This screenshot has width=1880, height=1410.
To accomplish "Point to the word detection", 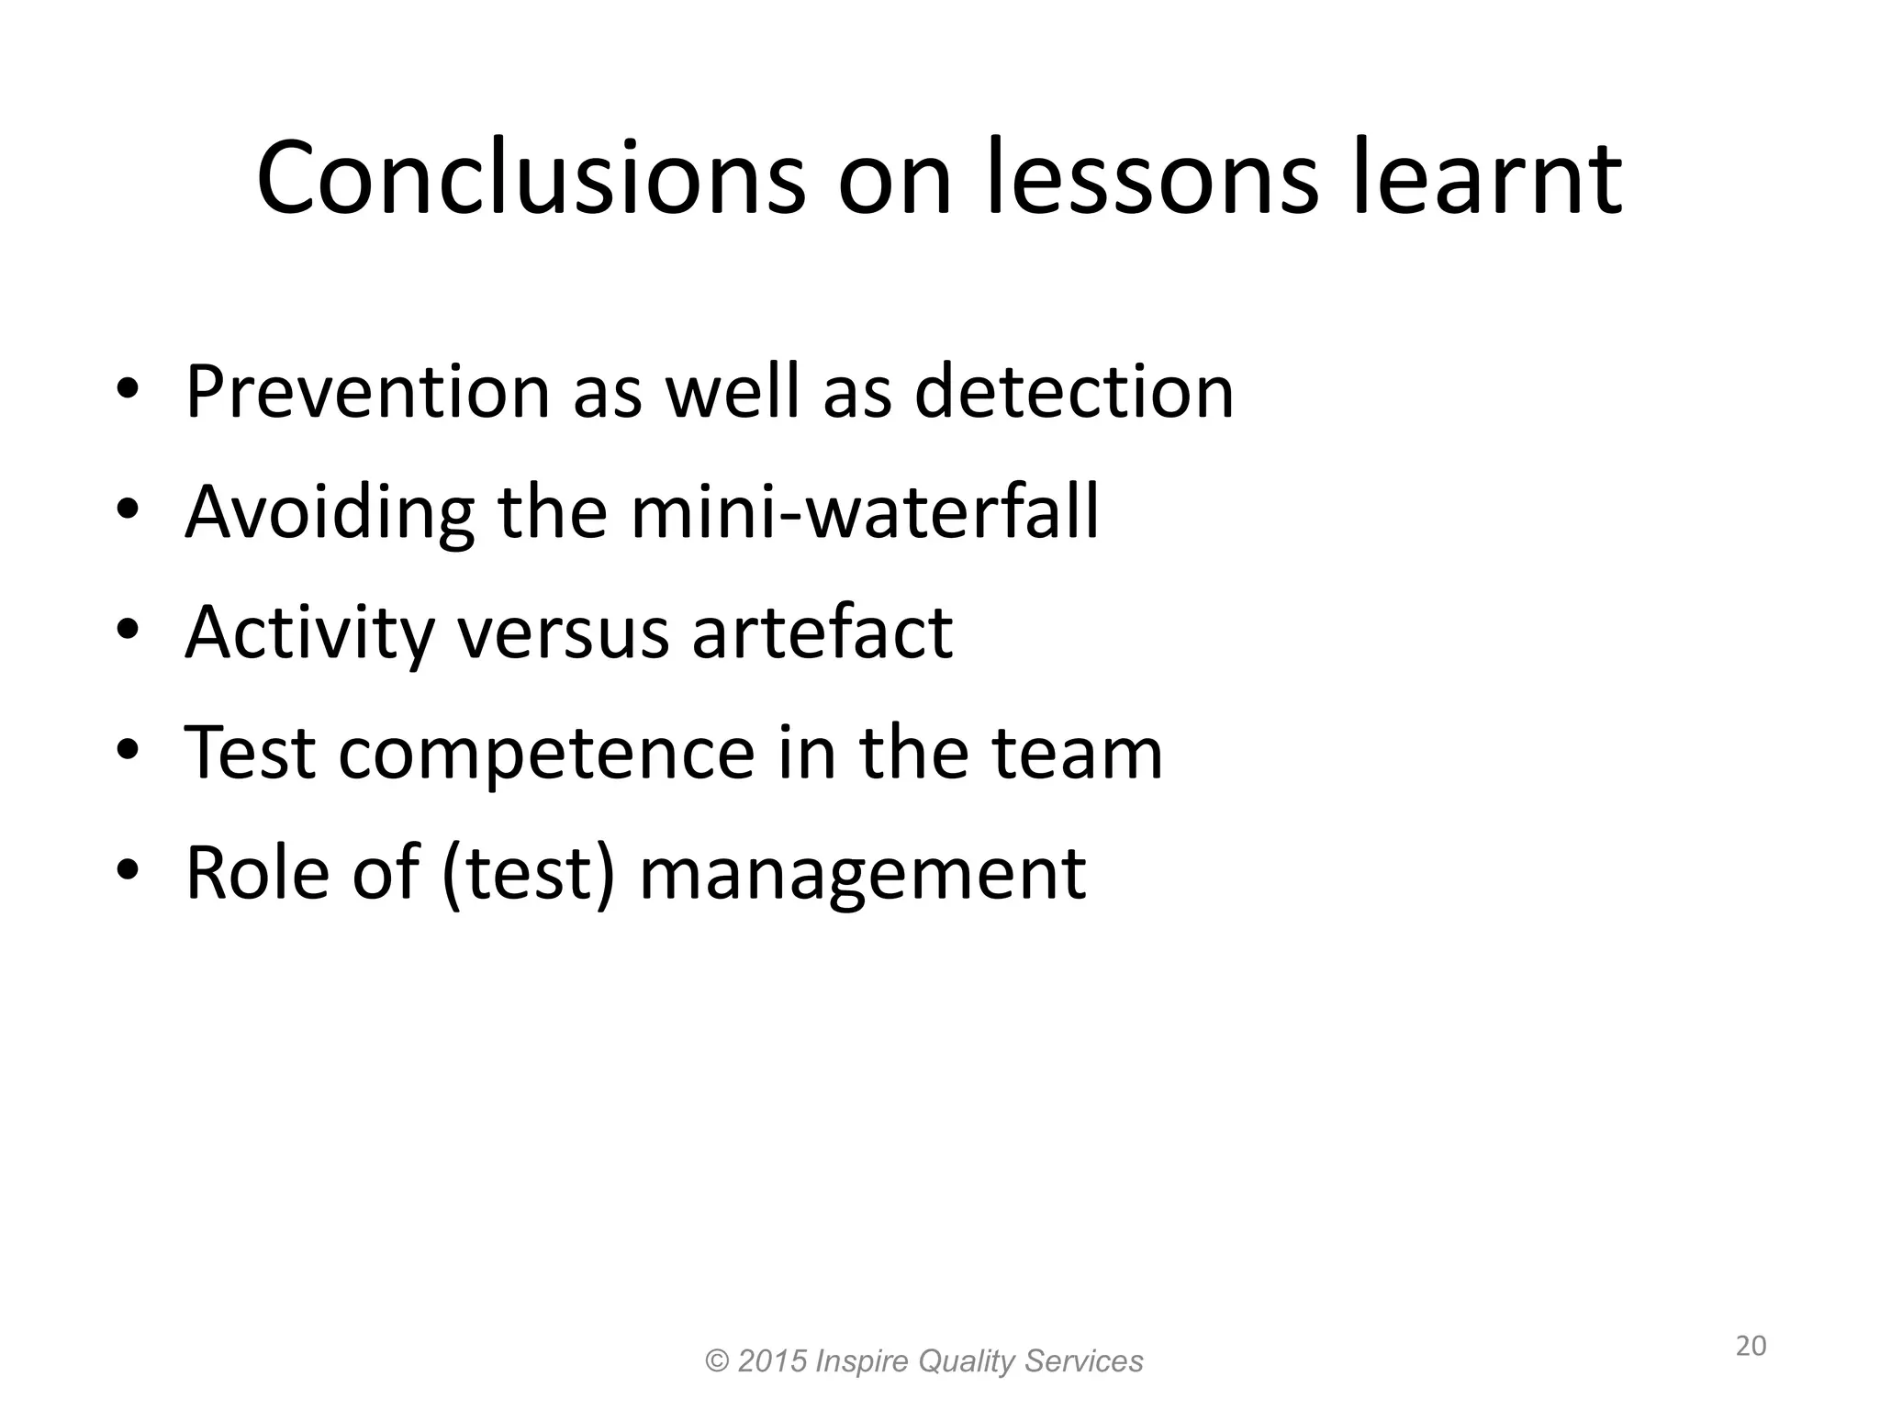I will click(x=1074, y=393).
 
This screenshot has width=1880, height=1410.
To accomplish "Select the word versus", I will click(x=563, y=633).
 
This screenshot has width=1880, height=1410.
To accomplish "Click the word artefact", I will click(x=822, y=633).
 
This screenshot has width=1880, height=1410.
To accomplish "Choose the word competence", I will click(x=546, y=753).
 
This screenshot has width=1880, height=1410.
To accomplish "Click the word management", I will click(x=863, y=873).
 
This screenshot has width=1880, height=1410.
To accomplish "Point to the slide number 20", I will click(x=1751, y=1347).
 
